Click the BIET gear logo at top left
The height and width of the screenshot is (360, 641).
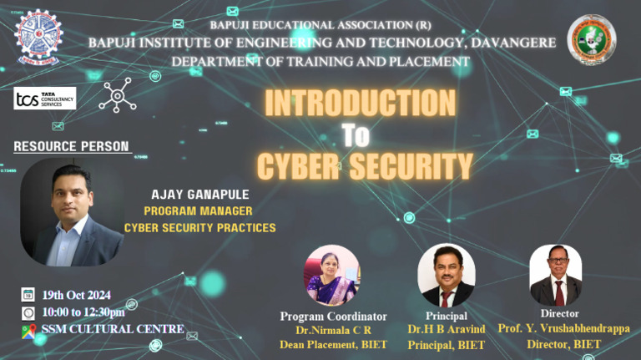pos(39,38)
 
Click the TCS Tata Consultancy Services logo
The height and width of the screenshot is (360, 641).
pos(45,99)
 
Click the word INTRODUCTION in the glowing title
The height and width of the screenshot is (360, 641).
pos(360,103)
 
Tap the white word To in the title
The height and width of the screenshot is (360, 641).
pos(355,134)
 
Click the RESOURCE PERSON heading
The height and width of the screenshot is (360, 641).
pos(72,146)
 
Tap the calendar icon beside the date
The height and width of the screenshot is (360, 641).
pos(28,295)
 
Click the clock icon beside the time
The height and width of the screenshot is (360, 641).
pos(28,312)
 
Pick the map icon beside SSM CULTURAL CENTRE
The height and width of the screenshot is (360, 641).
pos(28,329)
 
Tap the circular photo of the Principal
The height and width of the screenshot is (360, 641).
pos(446,275)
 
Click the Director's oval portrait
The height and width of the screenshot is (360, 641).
pos(555,275)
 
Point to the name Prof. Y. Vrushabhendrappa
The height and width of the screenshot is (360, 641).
pos(563,328)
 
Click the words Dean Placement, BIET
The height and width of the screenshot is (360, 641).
pos(333,344)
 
